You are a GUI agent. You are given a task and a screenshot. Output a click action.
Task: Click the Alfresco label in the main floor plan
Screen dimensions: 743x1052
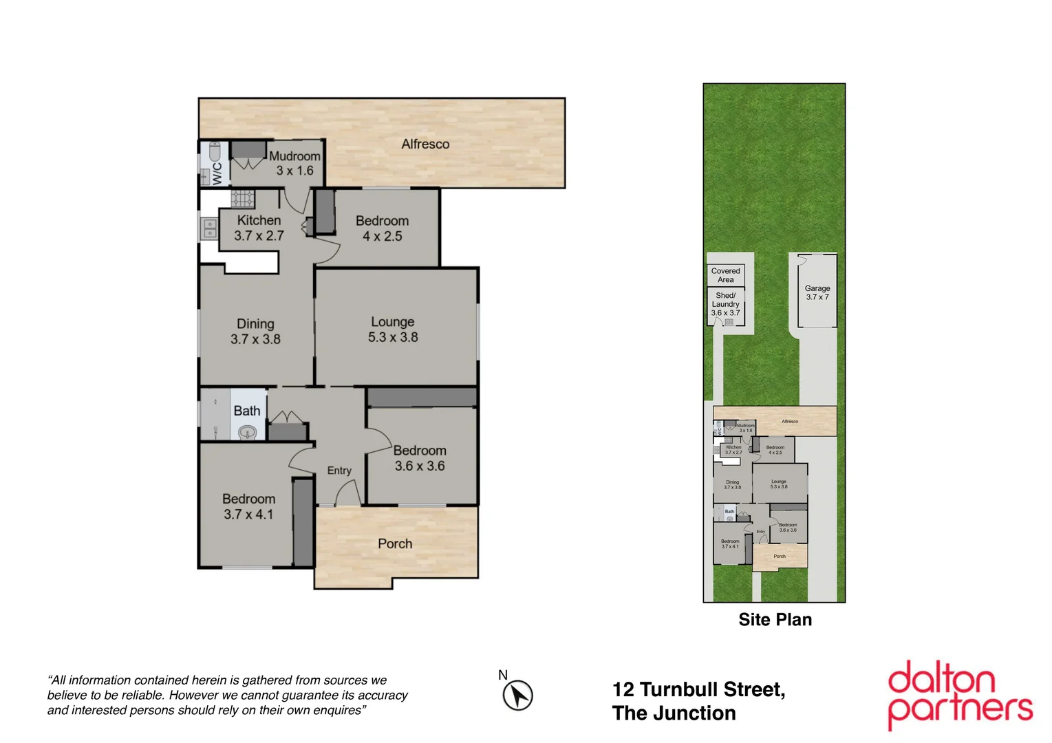[x=425, y=144]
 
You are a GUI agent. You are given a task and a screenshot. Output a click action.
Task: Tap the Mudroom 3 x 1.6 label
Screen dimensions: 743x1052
[x=294, y=163]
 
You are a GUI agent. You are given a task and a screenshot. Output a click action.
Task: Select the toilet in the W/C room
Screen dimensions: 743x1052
[x=214, y=151]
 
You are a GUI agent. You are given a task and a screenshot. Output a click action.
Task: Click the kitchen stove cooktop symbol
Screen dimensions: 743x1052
[x=242, y=199]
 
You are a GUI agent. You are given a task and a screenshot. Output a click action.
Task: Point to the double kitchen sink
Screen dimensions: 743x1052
[x=209, y=228]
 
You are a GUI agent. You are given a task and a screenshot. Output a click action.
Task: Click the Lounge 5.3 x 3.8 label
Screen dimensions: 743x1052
[x=393, y=330]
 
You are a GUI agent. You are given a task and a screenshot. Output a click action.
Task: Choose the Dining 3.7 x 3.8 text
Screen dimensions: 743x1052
[x=255, y=331]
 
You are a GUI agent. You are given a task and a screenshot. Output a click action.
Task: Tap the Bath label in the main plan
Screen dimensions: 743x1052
[x=247, y=411]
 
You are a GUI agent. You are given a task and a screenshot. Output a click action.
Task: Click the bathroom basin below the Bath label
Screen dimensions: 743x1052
[x=247, y=432]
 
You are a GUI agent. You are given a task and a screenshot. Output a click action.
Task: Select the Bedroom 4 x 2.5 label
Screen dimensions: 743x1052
[x=382, y=228]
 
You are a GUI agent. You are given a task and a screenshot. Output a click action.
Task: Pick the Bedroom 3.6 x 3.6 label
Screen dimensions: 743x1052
[x=420, y=458]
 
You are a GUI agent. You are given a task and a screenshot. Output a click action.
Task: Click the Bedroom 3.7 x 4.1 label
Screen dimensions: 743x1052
[x=248, y=506]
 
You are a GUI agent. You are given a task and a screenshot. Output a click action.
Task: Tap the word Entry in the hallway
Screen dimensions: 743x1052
[x=339, y=471]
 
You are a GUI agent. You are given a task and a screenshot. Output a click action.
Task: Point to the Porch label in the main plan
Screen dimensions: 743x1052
[x=395, y=543]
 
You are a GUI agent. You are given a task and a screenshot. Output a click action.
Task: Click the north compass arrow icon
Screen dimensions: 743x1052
[x=517, y=695]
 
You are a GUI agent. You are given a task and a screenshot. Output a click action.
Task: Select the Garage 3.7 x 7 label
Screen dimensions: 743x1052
[x=817, y=292]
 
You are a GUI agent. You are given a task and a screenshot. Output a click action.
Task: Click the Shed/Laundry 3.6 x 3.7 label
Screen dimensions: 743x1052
[x=725, y=304]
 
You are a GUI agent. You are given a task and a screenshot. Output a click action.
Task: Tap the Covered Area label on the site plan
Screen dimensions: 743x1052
[x=725, y=275]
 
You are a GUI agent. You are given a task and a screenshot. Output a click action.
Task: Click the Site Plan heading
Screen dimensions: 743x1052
[x=775, y=620]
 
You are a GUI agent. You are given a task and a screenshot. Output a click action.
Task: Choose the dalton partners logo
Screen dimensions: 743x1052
[x=960, y=695]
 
